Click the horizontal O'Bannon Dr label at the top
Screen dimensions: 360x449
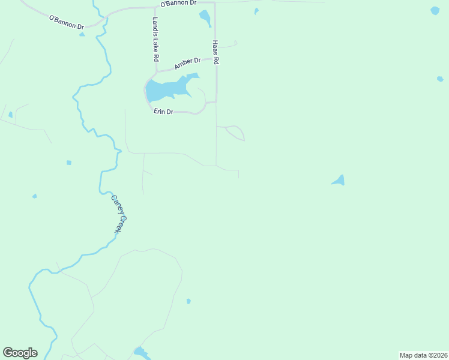click(x=178, y=4)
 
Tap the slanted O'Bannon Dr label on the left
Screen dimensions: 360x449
click(x=67, y=22)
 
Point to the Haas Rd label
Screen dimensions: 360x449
click(x=215, y=53)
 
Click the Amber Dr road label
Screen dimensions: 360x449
click(x=187, y=63)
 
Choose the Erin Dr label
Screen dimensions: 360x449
click(x=163, y=112)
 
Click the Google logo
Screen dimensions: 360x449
click(x=20, y=353)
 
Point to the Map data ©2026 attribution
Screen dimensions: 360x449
click(x=423, y=355)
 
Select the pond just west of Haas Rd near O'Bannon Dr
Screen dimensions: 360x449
click(x=205, y=18)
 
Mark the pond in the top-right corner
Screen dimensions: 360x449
click(x=435, y=10)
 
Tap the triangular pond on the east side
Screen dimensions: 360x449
click(x=339, y=181)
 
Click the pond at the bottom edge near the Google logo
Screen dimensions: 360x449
click(x=141, y=353)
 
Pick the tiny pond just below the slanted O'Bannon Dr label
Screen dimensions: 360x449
click(x=82, y=34)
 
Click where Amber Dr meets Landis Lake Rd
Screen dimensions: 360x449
click(x=156, y=70)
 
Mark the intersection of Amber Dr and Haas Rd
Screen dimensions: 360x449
click(x=215, y=59)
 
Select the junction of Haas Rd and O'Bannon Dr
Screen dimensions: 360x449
click(x=215, y=2)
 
